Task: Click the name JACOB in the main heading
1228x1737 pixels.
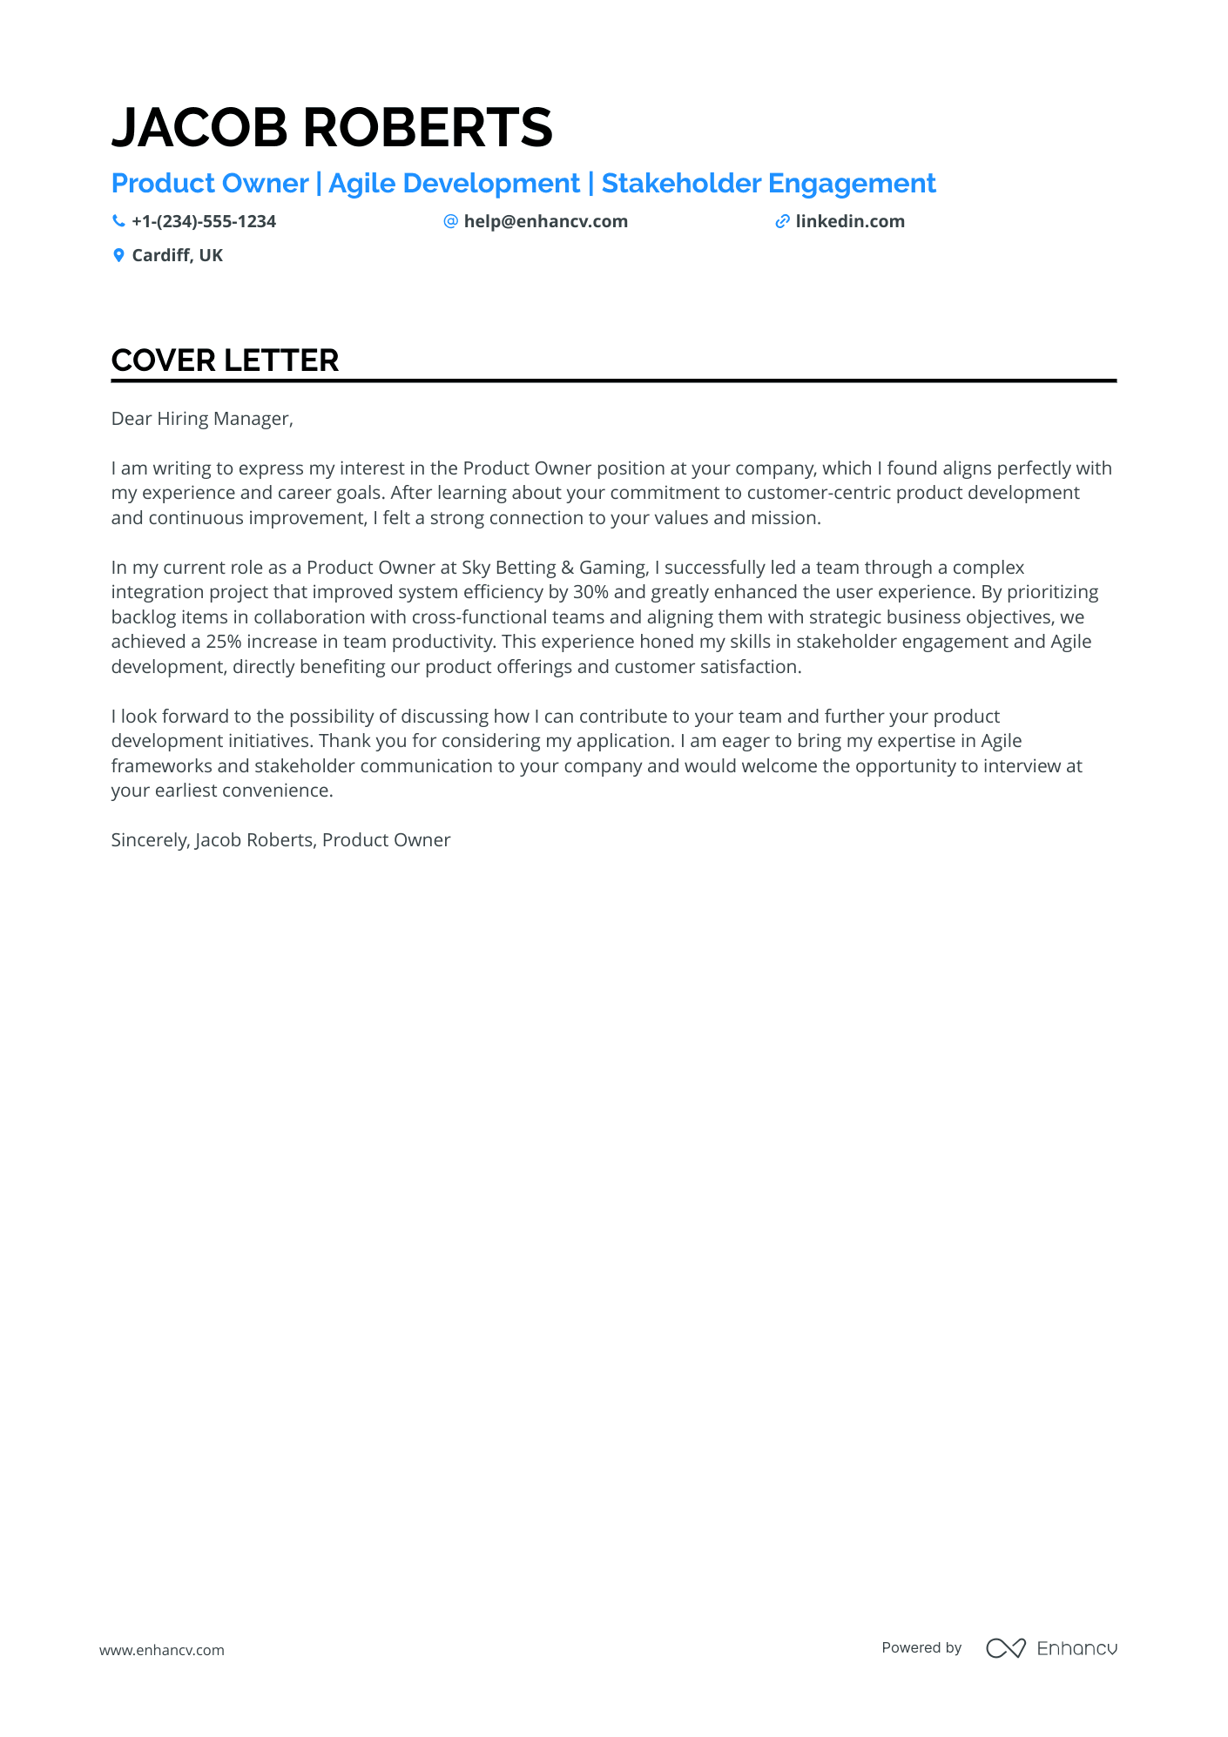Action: pyautogui.click(x=199, y=127)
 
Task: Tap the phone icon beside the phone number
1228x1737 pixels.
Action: pyautogui.click(x=118, y=221)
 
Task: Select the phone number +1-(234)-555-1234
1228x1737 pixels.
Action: pyautogui.click(x=204, y=221)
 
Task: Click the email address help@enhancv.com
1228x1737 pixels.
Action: pyautogui.click(x=545, y=221)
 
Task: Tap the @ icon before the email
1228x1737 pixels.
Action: pyautogui.click(x=450, y=221)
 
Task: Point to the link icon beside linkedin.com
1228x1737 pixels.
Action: pyautogui.click(x=782, y=221)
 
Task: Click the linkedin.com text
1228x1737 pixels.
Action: pyautogui.click(x=850, y=221)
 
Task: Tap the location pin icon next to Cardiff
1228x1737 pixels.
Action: pyautogui.click(x=118, y=255)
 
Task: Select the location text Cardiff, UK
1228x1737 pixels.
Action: pyautogui.click(x=178, y=255)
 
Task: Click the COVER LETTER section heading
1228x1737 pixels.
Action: pyautogui.click(x=225, y=360)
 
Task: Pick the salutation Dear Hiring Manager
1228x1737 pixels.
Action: pyautogui.click(x=202, y=419)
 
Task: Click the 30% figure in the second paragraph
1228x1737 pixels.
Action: pyautogui.click(x=590, y=592)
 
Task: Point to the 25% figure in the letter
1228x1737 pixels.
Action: pyautogui.click(x=224, y=642)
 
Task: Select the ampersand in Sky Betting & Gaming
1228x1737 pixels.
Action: pyautogui.click(x=567, y=568)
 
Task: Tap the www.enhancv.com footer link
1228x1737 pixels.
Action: pyautogui.click(x=162, y=1650)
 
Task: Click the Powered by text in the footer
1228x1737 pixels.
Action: pyautogui.click(x=921, y=1647)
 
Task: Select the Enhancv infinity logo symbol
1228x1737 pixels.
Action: pyautogui.click(x=1006, y=1648)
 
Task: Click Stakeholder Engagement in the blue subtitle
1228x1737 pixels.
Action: pyautogui.click(x=768, y=184)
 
